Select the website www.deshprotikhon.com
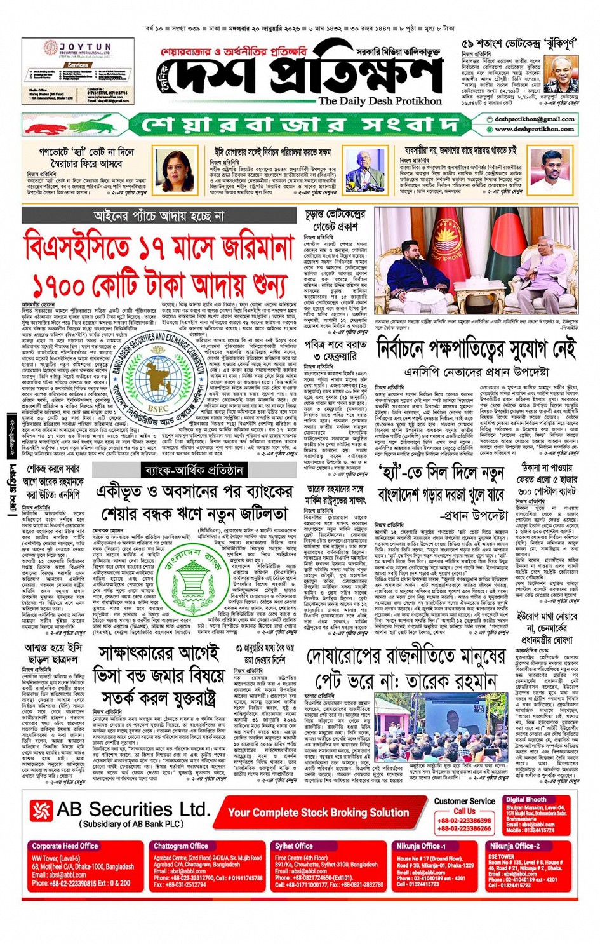click(x=535, y=129)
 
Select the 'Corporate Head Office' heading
click(x=65, y=846)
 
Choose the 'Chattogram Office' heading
click(x=180, y=846)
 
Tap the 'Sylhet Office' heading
click(x=293, y=846)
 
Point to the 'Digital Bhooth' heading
click(x=526, y=799)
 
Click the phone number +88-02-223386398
click(x=464, y=820)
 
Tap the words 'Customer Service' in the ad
click(x=464, y=801)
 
